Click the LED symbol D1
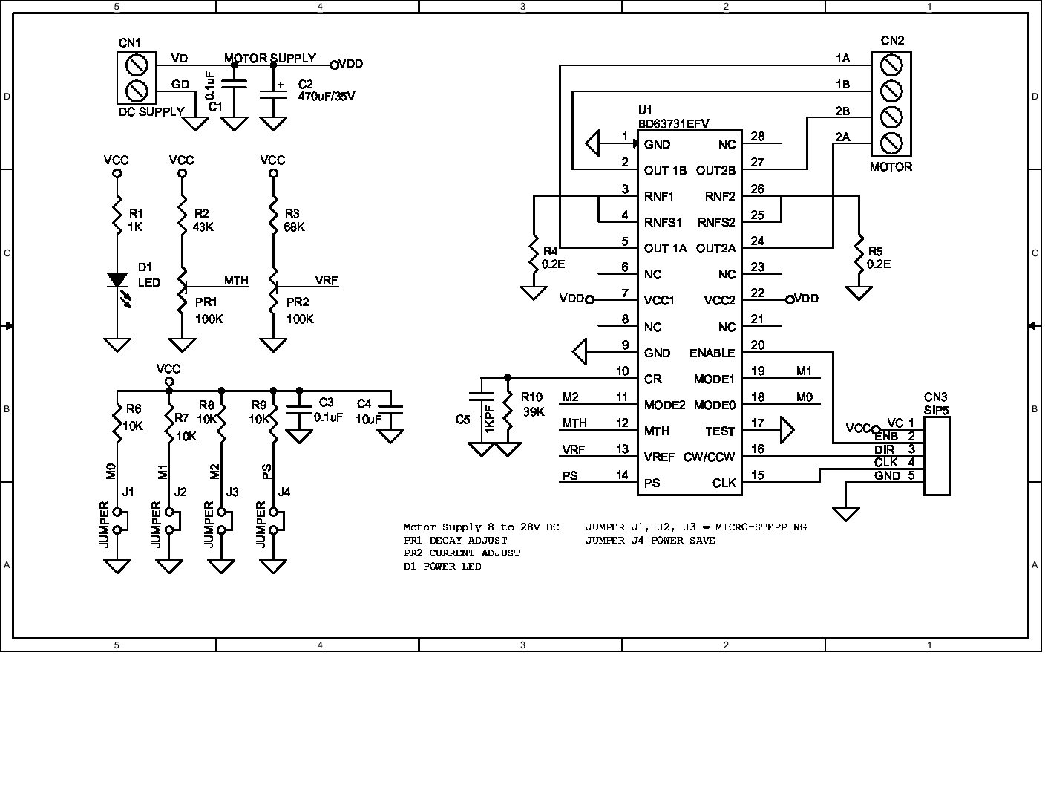click(x=117, y=280)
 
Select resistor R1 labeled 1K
click(x=117, y=215)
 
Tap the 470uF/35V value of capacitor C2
click(x=327, y=97)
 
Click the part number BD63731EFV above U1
click(x=673, y=123)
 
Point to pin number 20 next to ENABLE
click(x=757, y=345)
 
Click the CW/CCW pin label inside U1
click(x=710, y=457)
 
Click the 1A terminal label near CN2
click(x=842, y=59)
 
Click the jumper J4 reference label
click(x=284, y=492)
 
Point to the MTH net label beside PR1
click(x=236, y=281)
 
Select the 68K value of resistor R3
click(x=294, y=227)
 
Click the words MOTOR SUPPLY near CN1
click(x=270, y=58)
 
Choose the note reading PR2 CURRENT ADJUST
click(x=462, y=553)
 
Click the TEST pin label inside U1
click(x=720, y=431)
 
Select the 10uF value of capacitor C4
click(x=367, y=419)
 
